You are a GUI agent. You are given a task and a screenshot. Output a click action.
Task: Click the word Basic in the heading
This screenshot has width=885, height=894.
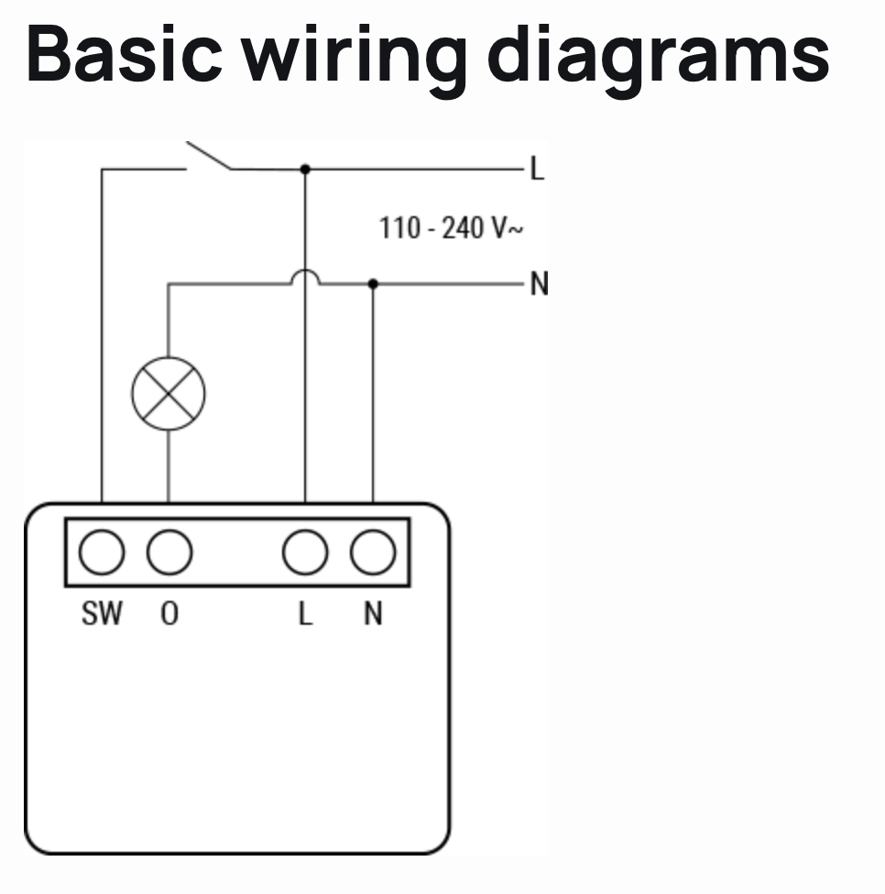pyautogui.click(x=123, y=53)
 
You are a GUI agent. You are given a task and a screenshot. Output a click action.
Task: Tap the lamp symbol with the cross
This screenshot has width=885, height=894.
pyautogui.click(x=169, y=394)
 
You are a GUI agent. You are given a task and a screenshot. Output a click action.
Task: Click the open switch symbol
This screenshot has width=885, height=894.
pyautogui.click(x=209, y=158)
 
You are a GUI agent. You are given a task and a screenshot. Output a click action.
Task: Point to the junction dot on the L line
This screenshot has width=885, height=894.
pyautogui.click(x=305, y=169)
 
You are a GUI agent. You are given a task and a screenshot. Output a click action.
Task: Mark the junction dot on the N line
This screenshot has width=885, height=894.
pyautogui.click(x=373, y=284)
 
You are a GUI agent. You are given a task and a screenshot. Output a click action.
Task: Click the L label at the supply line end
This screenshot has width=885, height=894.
pyautogui.click(x=537, y=169)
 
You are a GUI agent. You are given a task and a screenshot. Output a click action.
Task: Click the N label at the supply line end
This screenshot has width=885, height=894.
pyautogui.click(x=539, y=285)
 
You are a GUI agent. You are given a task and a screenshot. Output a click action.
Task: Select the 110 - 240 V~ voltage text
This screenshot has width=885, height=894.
pyautogui.click(x=452, y=227)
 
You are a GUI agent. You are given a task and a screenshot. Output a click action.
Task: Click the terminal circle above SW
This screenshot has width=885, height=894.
pyautogui.click(x=101, y=552)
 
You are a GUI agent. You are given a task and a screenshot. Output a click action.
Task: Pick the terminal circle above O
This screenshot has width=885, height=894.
pyautogui.click(x=169, y=552)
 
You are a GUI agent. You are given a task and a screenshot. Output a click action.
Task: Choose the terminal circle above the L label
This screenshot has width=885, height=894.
pyautogui.click(x=305, y=552)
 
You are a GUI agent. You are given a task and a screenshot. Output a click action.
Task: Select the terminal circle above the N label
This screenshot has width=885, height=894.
pyautogui.click(x=373, y=552)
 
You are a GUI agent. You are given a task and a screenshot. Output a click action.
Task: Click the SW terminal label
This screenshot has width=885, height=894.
pyautogui.click(x=101, y=613)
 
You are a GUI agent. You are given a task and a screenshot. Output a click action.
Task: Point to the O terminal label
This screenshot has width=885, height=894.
pyautogui.click(x=169, y=613)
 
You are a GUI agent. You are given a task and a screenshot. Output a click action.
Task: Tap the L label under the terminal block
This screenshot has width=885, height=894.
pyautogui.click(x=305, y=613)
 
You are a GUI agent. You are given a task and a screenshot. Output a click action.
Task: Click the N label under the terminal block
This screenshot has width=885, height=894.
pyautogui.click(x=373, y=613)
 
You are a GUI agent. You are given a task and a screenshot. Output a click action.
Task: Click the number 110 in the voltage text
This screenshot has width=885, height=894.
pyautogui.click(x=399, y=227)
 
